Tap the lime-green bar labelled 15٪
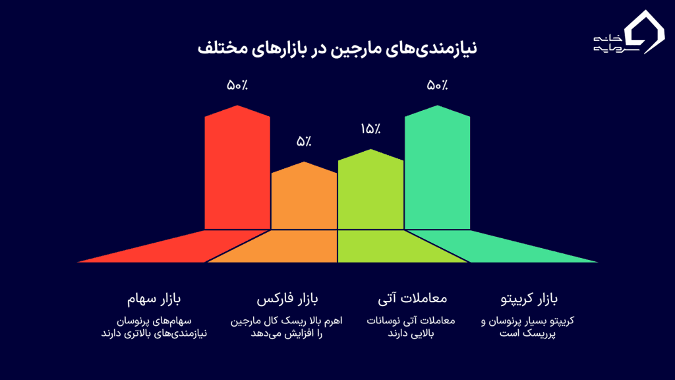pyautogui.click(x=370, y=191)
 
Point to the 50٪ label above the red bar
pyautogui.click(x=237, y=85)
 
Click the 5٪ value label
pyautogui.click(x=304, y=141)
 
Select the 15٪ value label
pyautogui.click(x=370, y=129)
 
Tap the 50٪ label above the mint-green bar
pyautogui.click(x=437, y=85)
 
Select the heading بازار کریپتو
pyautogui.click(x=529, y=301)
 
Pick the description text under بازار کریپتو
pyautogui.click(x=529, y=327)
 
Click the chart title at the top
pyautogui.click(x=337, y=49)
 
